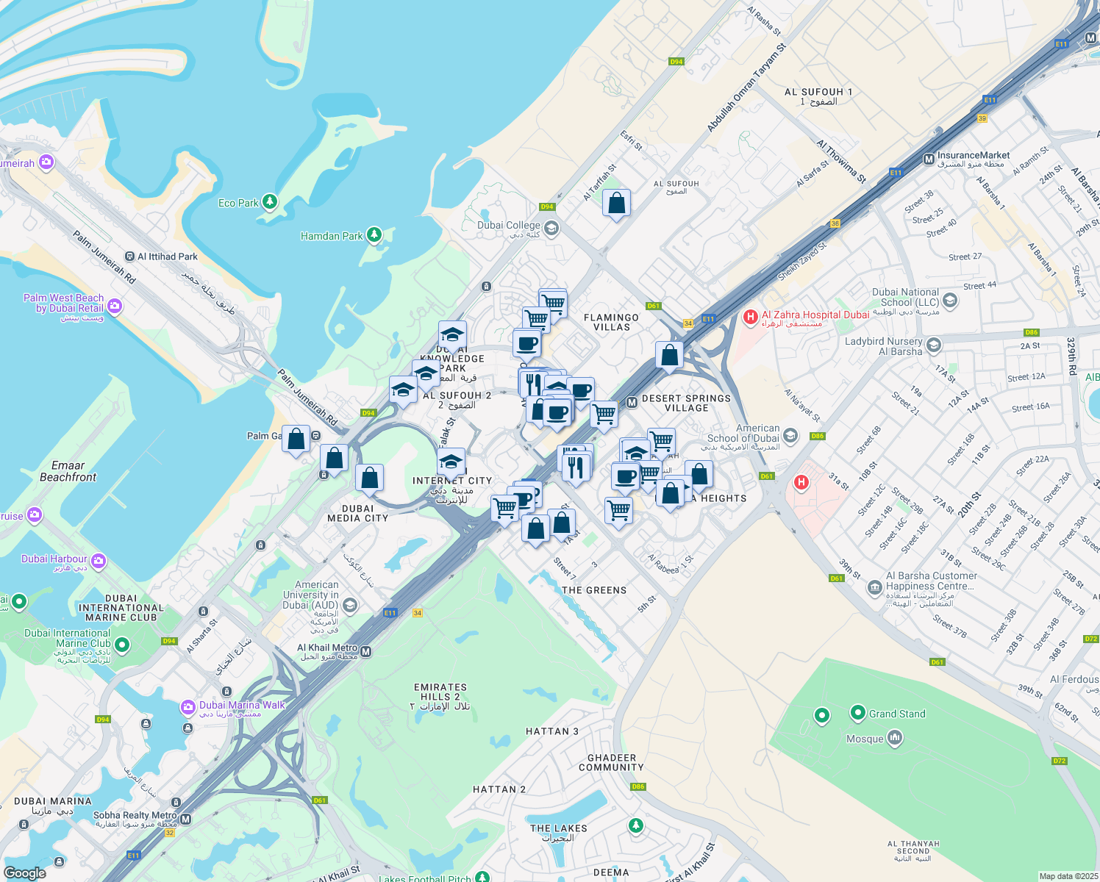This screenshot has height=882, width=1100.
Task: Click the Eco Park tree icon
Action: pos(270,202)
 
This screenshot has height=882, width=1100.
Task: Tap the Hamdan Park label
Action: pos(332,236)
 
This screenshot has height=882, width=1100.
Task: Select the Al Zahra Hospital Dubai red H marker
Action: pos(750,317)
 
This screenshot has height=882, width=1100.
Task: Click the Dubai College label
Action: pos(509,226)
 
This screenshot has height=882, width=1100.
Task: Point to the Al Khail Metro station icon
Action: pos(366,651)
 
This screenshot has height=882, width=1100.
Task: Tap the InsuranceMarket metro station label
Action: pos(974,155)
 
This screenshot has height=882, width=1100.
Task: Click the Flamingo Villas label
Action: pos(611,322)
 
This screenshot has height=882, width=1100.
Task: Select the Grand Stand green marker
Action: pos(857,712)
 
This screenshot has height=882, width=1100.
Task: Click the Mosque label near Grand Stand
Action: pos(865,739)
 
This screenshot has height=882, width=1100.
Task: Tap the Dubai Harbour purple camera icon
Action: pos(99,562)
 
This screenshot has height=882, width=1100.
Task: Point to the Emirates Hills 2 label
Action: pos(440,692)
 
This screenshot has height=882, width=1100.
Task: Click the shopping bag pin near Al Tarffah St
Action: pos(616,204)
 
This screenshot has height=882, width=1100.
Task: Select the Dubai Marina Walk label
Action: pos(242,705)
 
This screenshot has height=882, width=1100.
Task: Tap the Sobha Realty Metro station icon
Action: pos(185,819)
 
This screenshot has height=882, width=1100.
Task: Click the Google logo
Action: pos(25,872)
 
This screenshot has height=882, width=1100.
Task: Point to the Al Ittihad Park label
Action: pos(168,257)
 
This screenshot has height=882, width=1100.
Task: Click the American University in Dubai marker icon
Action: pos(350,606)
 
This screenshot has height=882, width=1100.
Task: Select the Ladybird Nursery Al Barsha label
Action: pos(883,346)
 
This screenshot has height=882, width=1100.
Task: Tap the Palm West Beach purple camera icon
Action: pos(114,306)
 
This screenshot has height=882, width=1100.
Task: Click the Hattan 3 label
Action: pos(552,731)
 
